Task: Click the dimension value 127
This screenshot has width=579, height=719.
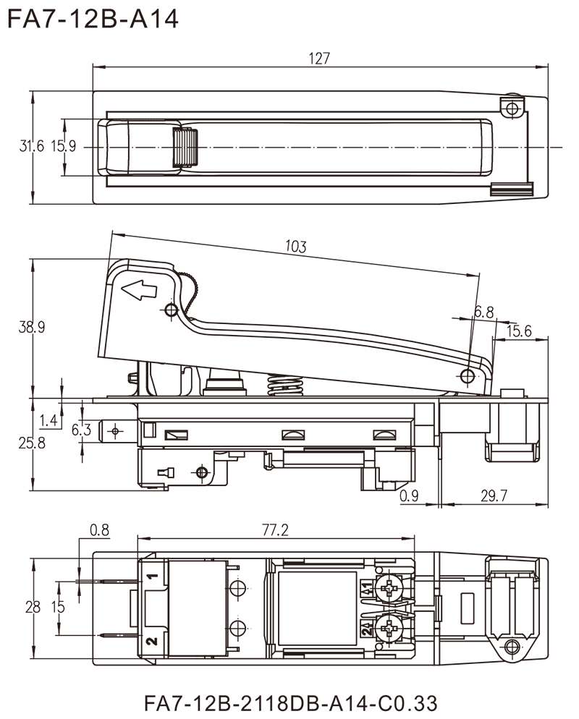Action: (320, 59)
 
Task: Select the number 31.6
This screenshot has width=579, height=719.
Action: (32, 147)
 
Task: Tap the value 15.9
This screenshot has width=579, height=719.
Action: (67, 147)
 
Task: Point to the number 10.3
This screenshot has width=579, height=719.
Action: (297, 247)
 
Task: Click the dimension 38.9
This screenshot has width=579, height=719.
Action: (32, 328)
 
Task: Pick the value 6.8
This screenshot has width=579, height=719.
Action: (484, 312)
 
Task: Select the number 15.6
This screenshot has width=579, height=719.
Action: (519, 332)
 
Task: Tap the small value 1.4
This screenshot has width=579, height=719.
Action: (48, 417)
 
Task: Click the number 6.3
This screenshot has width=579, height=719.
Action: (82, 431)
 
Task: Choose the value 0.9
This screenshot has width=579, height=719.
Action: (409, 495)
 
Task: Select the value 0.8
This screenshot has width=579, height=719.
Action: (98, 530)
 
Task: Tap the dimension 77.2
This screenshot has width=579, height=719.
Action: (276, 531)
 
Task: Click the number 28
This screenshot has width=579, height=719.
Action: (33, 608)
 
